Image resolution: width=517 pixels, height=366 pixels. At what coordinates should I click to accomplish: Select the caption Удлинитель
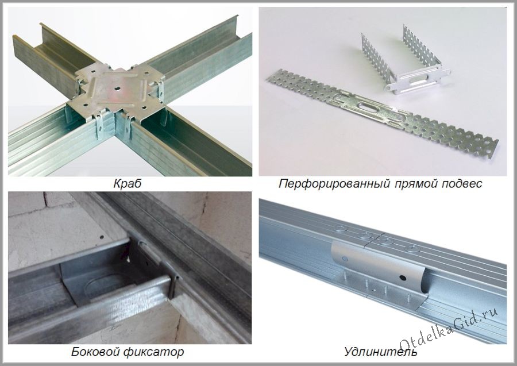pyautogui.click(x=381, y=350)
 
